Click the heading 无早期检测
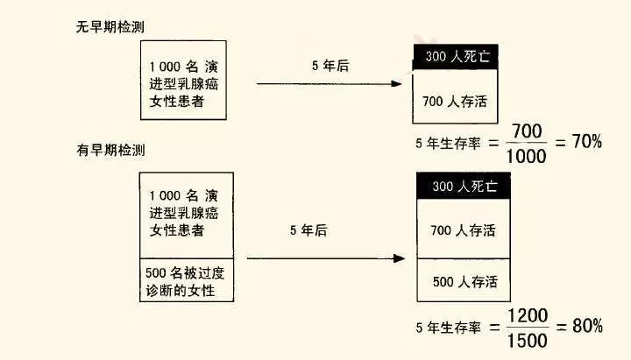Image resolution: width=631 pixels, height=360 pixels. (110, 27)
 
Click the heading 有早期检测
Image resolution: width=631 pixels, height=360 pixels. (110, 150)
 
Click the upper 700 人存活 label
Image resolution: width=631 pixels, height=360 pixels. (456, 101)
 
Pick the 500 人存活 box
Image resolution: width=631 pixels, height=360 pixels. (464, 282)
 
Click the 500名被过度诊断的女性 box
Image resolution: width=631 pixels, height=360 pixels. (187, 280)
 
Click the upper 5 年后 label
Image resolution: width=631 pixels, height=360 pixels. (330, 67)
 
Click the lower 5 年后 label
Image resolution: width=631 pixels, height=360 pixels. (308, 230)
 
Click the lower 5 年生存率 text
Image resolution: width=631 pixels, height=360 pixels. (448, 328)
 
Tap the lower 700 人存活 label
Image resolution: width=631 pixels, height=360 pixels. (464, 231)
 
